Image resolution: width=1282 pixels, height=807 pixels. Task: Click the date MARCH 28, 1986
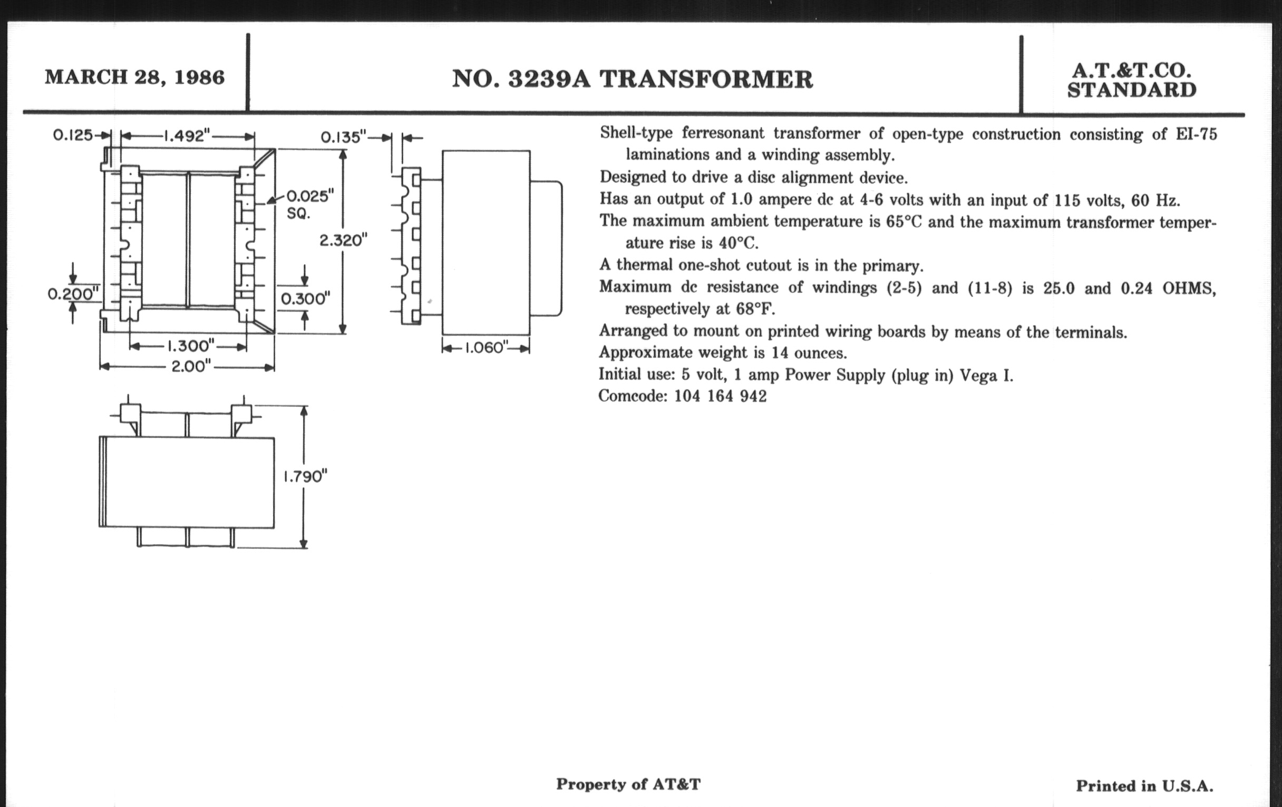pyautogui.click(x=135, y=78)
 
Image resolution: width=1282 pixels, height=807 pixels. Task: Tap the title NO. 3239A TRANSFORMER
pyautogui.click(x=633, y=80)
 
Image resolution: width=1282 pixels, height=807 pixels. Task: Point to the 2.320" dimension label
pyautogui.click(x=343, y=241)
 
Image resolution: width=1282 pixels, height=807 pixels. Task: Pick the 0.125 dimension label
pyautogui.click(x=73, y=136)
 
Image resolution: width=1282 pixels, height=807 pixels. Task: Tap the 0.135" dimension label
pyautogui.click(x=343, y=138)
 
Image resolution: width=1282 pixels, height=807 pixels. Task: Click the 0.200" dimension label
pyautogui.click(x=73, y=293)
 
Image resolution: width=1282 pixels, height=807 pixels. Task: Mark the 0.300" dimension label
pyautogui.click(x=305, y=299)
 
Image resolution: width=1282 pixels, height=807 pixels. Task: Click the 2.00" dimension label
pyautogui.click(x=191, y=367)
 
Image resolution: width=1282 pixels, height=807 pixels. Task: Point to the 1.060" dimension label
pyautogui.click(x=484, y=348)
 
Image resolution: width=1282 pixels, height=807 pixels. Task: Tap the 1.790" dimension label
pyautogui.click(x=305, y=476)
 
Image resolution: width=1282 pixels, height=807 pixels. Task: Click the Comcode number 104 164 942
pyautogui.click(x=720, y=396)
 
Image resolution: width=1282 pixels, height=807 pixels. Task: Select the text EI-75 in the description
pyautogui.click(x=1196, y=134)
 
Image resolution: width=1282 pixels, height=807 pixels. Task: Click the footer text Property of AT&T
pyautogui.click(x=628, y=784)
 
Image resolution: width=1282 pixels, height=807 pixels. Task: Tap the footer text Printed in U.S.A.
pyautogui.click(x=1144, y=786)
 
